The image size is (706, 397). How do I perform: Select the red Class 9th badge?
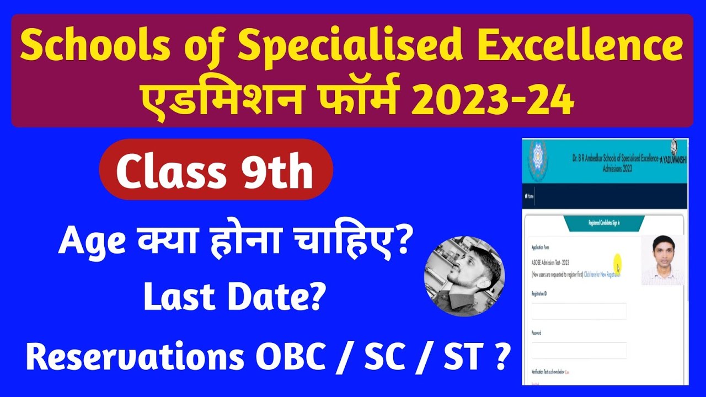pos(216,169)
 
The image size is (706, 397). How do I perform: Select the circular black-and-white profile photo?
pos(464,276)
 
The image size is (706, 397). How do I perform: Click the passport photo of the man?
pos(662,260)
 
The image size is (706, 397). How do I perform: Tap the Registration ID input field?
pos(579,312)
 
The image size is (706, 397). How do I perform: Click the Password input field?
pos(579,351)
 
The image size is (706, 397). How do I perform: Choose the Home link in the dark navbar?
pos(531,196)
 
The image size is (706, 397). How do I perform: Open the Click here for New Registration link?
pos(602,274)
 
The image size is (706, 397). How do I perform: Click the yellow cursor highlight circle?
pos(617,261)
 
